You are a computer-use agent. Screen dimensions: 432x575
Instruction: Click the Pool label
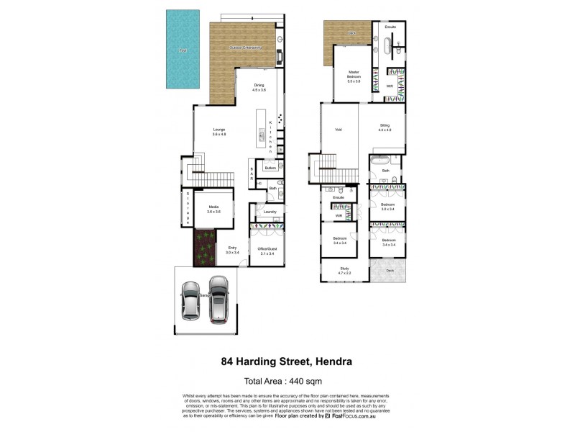(x=183, y=50)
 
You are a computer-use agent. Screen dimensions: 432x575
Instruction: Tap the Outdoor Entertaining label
(x=245, y=48)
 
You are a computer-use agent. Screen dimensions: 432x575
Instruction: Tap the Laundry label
(x=270, y=212)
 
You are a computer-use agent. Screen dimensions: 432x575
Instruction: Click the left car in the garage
(x=190, y=298)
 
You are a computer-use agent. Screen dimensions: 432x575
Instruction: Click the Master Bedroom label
(x=354, y=75)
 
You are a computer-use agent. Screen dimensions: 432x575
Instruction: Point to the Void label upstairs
(x=338, y=130)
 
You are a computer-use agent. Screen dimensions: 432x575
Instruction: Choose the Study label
(x=345, y=271)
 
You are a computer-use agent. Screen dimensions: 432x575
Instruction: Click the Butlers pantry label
(x=270, y=168)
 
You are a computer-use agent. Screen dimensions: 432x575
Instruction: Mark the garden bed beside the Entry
(x=204, y=248)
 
